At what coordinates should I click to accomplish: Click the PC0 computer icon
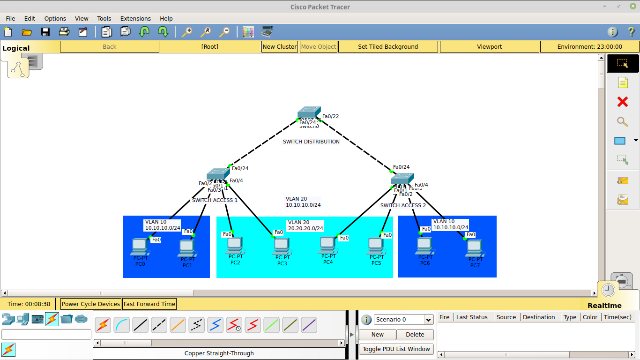140,246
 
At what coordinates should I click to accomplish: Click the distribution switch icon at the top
309,112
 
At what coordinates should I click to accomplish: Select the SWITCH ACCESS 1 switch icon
217,174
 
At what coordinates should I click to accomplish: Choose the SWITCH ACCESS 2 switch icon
402,179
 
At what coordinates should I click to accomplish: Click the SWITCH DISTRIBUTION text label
311,142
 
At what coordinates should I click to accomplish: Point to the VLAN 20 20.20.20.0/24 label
305,225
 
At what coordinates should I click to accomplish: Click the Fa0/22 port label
330,116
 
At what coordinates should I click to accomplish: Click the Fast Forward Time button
149,304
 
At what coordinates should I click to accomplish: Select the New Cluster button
279,46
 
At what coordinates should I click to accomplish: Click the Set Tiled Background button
387,46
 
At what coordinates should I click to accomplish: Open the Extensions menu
135,18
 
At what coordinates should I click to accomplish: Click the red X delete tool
622,102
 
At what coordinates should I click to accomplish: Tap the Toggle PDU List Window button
396,349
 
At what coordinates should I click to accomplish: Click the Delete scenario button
415,334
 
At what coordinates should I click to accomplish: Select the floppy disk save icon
45,32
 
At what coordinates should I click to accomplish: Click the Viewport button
489,46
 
